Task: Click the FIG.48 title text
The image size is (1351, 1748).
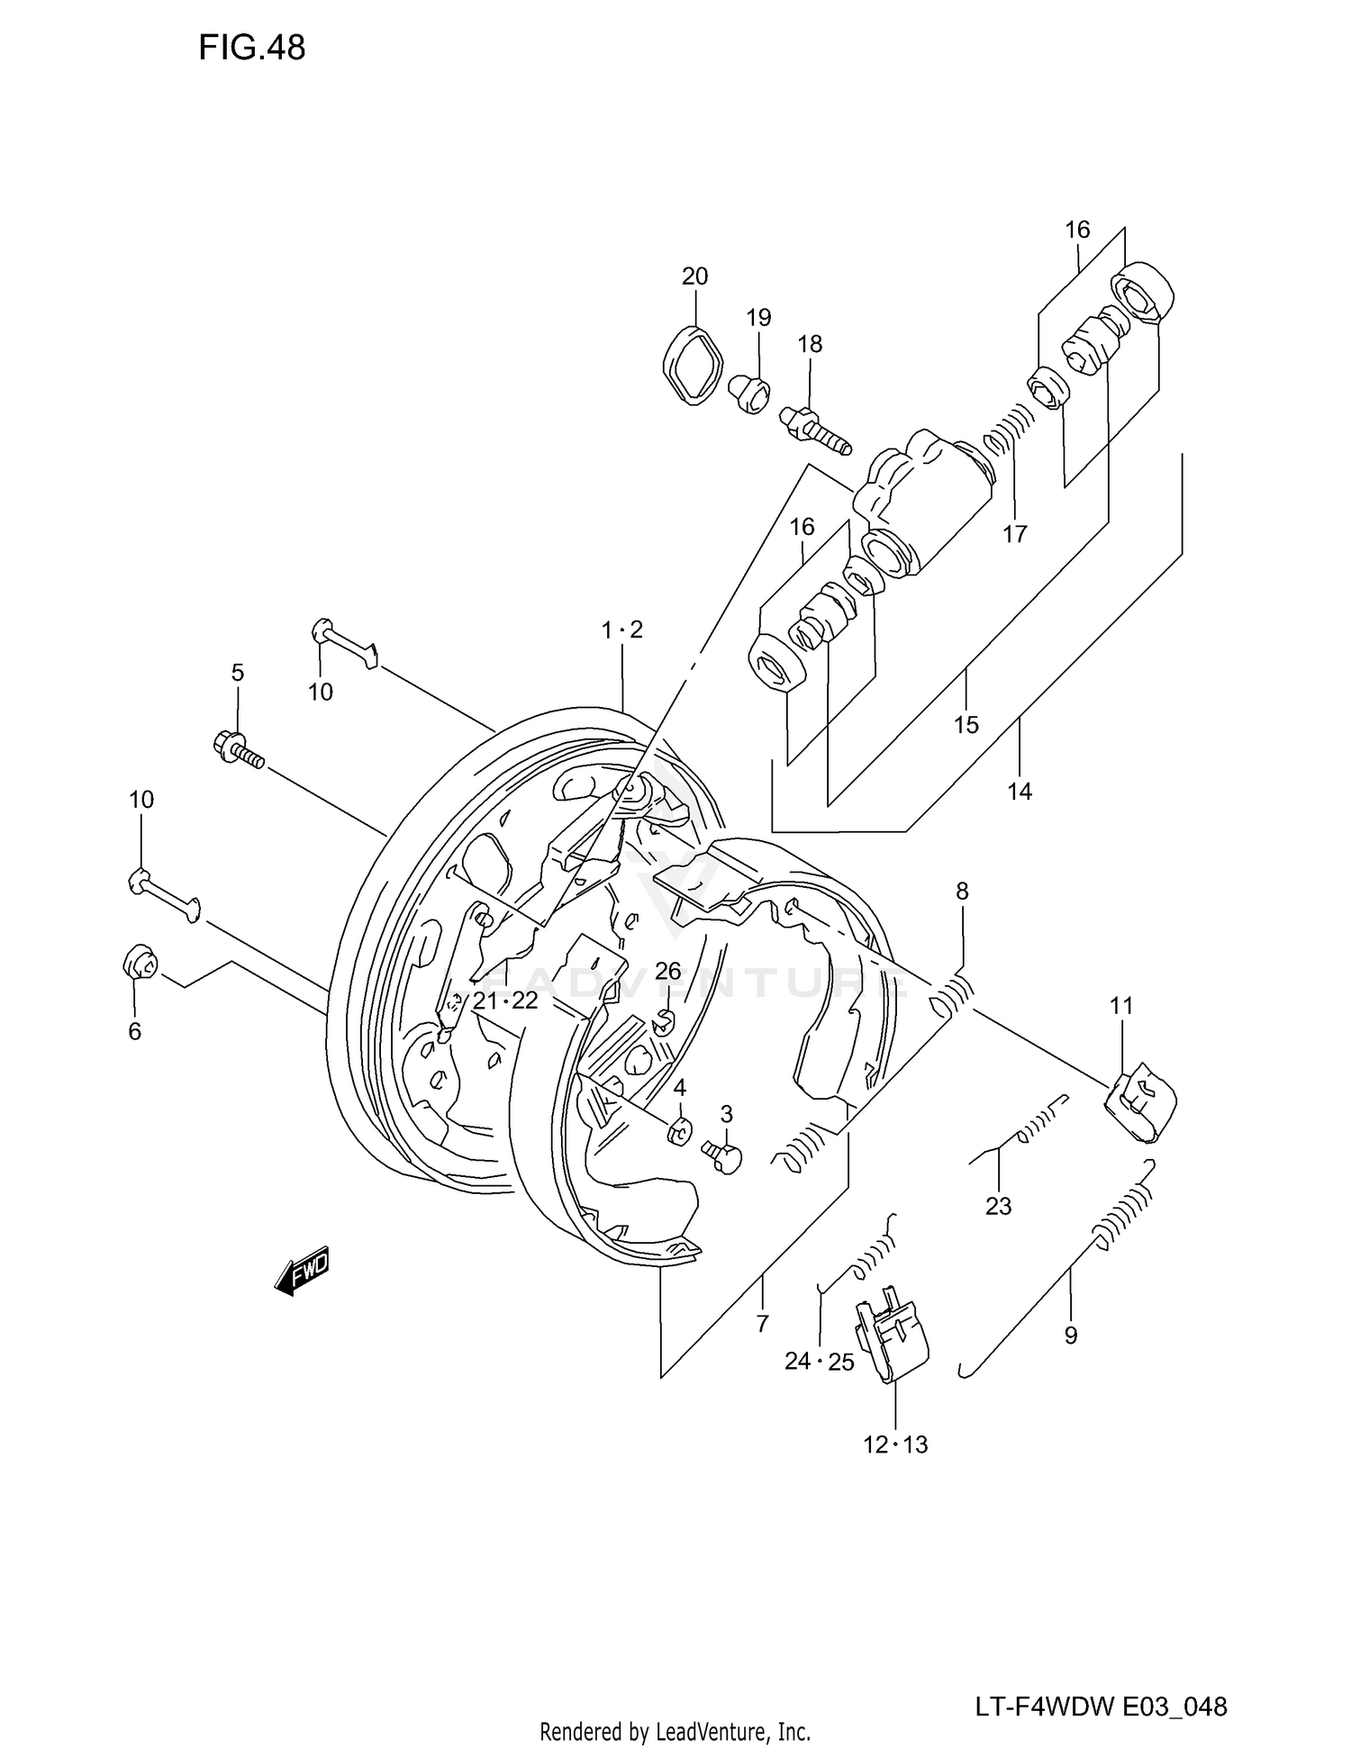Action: pyautogui.click(x=252, y=48)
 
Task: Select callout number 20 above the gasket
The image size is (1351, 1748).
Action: pyautogui.click(x=694, y=276)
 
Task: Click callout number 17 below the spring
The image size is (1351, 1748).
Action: pyautogui.click(x=1015, y=534)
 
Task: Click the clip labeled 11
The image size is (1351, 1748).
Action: pyautogui.click(x=1140, y=1102)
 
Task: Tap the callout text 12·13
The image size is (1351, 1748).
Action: pyautogui.click(x=895, y=1445)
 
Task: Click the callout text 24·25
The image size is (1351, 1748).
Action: pyautogui.click(x=819, y=1362)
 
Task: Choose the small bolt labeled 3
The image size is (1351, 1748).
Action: pyautogui.click(x=721, y=1155)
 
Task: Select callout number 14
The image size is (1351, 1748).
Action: pyautogui.click(x=1020, y=792)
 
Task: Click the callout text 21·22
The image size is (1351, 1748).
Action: pyautogui.click(x=505, y=1001)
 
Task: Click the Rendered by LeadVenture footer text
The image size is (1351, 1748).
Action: pyautogui.click(x=675, y=1731)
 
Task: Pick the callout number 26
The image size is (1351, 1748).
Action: pyautogui.click(x=667, y=971)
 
